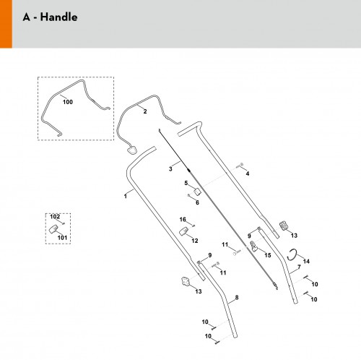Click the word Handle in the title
tap(58, 17)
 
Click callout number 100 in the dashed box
tap(68, 102)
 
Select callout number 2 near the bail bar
tap(145, 111)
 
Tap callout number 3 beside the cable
tap(170, 169)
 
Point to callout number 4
tap(248, 173)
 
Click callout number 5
tap(186, 183)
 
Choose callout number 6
tap(197, 202)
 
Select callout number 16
tap(183, 220)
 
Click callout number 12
tap(195, 241)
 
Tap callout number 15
tap(268, 255)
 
